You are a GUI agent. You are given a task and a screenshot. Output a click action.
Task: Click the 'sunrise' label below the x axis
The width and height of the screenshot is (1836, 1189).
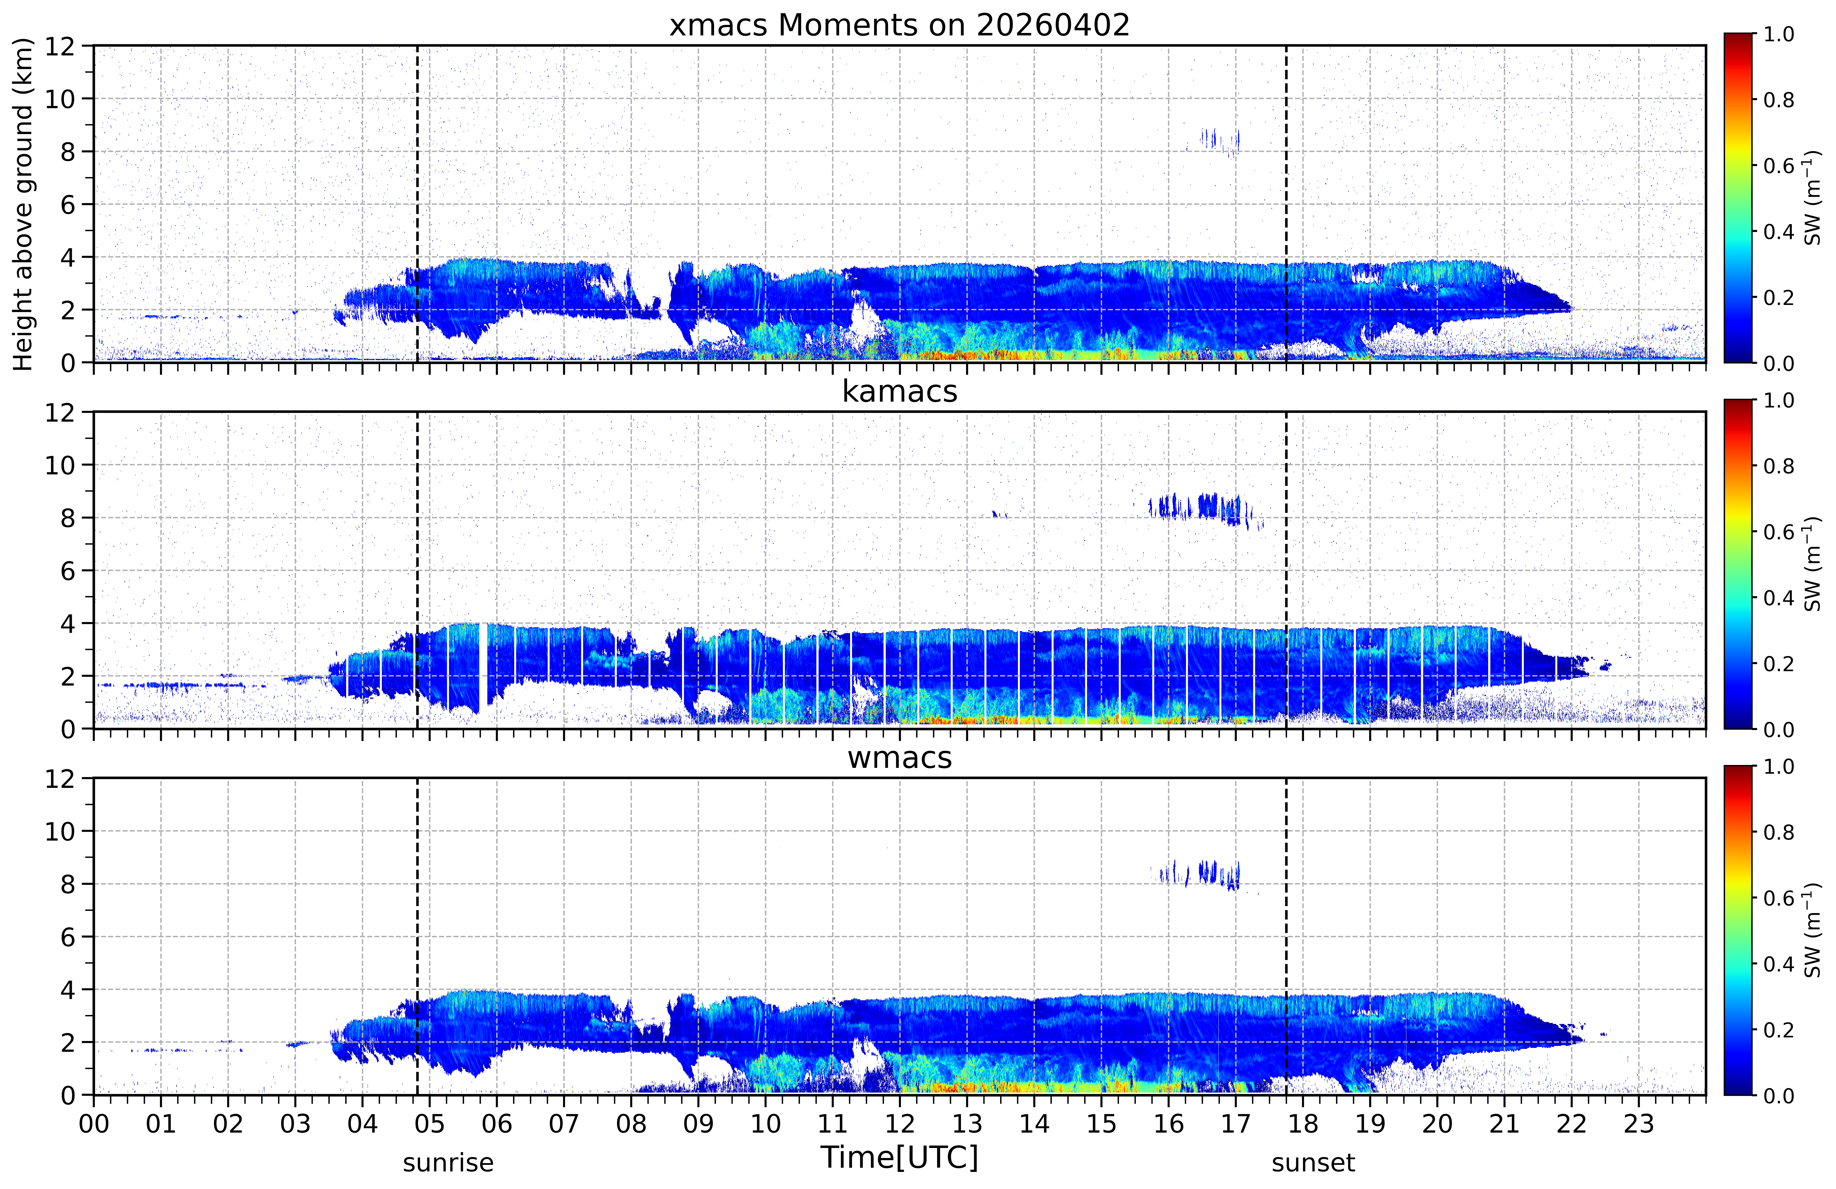click(448, 1163)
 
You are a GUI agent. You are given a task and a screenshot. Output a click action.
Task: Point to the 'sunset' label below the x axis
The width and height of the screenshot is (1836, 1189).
click(1313, 1163)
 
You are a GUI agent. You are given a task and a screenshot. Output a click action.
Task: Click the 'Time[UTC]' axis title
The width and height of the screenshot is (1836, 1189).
click(899, 1158)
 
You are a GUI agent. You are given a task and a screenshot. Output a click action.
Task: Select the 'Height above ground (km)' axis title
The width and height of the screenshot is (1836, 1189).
click(23, 204)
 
